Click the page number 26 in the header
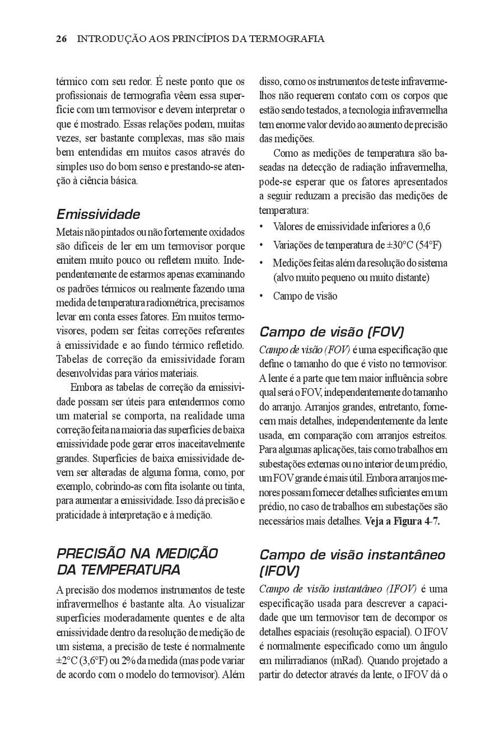pyautogui.click(x=62, y=39)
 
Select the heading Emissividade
pyautogui.click(x=98, y=214)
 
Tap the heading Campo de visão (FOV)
pyautogui.click(x=332, y=332)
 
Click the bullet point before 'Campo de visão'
pyautogui.click(x=262, y=296)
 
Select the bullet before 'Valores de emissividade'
pyautogui.click(x=262, y=227)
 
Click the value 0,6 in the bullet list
pyautogui.click(x=423, y=227)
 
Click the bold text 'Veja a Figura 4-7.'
pyautogui.click(x=402, y=521)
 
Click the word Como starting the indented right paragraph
pyautogui.click(x=285, y=153)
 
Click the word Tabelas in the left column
pyautogui.click(x=72, y=359)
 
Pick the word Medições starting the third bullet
pyautogui.click(x=293, y=263)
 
